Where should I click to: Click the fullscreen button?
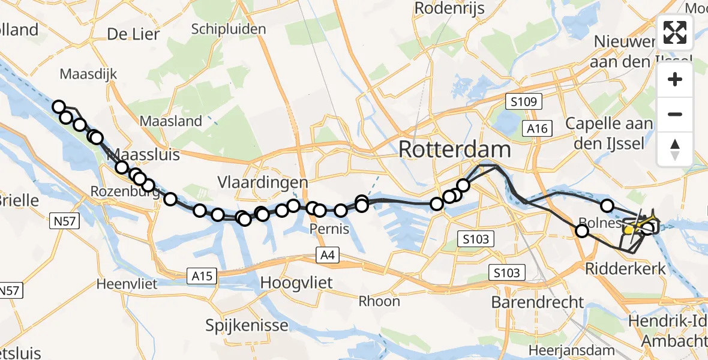pos(675,32)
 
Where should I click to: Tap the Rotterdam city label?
pos(455,149)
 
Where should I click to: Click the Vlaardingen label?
pos(263,182)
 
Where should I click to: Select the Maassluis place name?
pos(143,155)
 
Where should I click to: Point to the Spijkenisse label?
pos(241,326)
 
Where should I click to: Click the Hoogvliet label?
pos(296,283)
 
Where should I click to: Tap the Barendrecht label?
pos(537,302)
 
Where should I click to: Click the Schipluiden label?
pos(228,29)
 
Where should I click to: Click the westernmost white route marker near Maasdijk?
pos(59,107)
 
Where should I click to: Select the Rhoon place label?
pos(379,301)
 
